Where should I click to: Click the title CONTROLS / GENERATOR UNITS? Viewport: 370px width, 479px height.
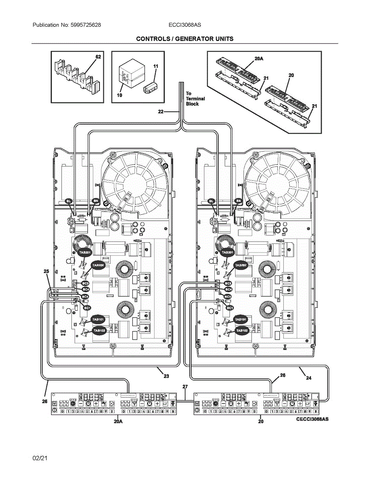[185, 39]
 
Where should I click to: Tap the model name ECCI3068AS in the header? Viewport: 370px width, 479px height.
[185, 25]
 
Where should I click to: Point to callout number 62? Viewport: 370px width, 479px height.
[98, 57]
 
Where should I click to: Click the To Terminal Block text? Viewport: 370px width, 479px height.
[195, 99]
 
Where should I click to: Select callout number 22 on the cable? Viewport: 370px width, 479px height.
[161, 112]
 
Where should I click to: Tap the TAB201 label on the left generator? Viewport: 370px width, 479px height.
[85, 253]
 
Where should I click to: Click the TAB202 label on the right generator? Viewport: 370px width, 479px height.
[241, 265]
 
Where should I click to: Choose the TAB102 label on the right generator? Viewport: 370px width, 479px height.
[242, 331]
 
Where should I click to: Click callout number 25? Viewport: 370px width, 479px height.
[46, 271]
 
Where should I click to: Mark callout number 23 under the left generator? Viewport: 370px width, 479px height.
[166, 376]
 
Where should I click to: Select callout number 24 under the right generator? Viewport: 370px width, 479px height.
[309, 378]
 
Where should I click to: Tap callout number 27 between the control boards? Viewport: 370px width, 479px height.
[185, 386]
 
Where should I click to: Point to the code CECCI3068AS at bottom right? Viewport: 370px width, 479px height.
[312, 420]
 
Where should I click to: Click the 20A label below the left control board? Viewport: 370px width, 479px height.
[118, 421]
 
